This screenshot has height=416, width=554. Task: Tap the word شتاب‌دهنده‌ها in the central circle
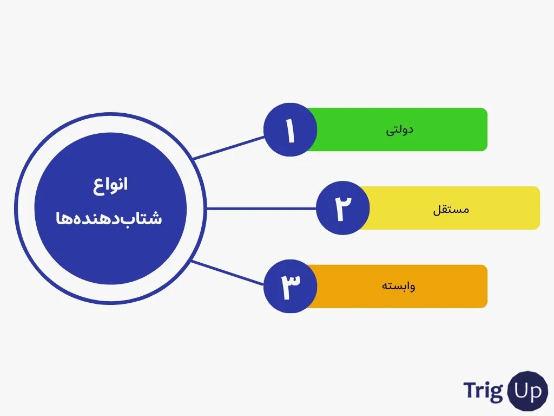click(x=109, y=218)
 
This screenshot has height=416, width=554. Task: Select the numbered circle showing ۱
click(x=290, y=129)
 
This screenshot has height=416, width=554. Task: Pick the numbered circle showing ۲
click(x=342, y=207)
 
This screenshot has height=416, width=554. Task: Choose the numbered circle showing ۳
click(x=290, y=286)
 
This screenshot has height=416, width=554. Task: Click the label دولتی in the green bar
click(x=399, y=130)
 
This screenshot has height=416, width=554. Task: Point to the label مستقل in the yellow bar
click(x=451, y=210)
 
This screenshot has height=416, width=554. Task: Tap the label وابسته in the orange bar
click(x=398, y=286)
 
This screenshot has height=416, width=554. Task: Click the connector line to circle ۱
click(x=229, y=147)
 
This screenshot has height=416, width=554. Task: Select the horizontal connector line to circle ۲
click(x=261, y=209)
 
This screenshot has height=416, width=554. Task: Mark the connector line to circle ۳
click(x=228, y=272)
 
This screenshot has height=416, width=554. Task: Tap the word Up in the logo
click(x=527, y=391)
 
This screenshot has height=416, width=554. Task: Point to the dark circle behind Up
click(x=527, y=391)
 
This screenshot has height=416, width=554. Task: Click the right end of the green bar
click(x=487, y=129)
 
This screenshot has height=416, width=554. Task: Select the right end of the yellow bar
click(x=539, y=208)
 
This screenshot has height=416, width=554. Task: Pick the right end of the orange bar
click(x=487, y=286)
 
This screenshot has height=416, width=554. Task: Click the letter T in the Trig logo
click(x=470, y=390)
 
